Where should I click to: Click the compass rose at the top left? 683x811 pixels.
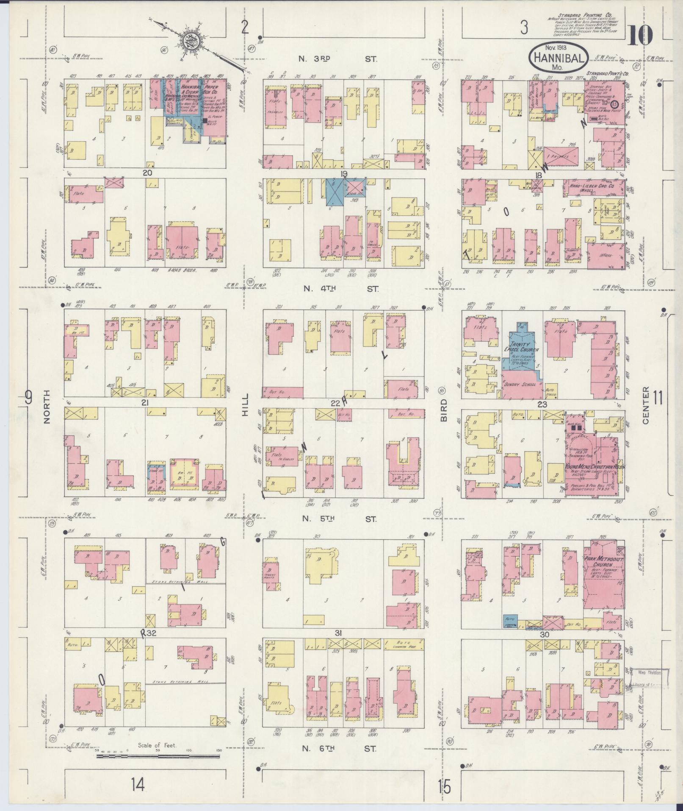(188, 41)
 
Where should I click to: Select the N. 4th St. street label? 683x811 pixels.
(339, 289)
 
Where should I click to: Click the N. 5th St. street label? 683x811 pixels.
(339, 519)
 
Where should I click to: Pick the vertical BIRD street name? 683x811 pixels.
(443, 410)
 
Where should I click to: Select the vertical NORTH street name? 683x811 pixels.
(46, 407)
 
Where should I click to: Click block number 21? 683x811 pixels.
(145, 402)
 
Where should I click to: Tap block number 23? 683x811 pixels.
(542, 404)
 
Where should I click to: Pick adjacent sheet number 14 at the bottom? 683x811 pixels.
(138, 786)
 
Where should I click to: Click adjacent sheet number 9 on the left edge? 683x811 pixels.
(28, 398)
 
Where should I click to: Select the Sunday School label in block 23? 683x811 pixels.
(520, 385)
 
